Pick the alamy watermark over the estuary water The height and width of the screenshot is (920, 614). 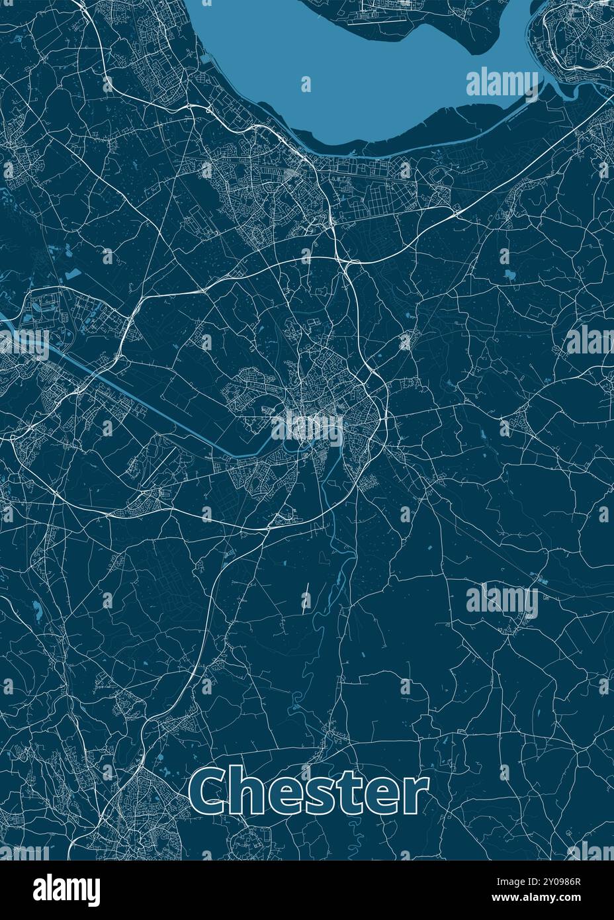[x=503, y=83]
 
